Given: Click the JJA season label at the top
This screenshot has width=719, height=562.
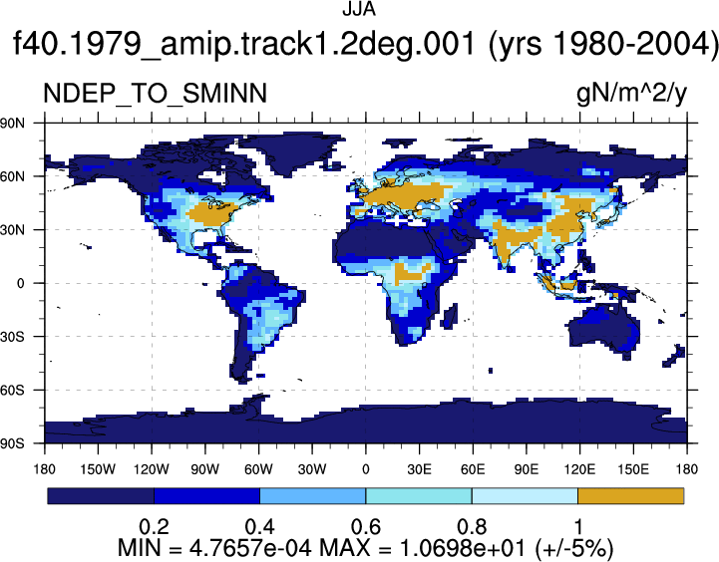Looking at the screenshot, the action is click(x=359, y=9).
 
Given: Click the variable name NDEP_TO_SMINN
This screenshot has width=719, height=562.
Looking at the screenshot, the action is click(x=155, y=94).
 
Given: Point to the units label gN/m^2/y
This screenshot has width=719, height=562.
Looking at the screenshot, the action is click(x=632, y=95).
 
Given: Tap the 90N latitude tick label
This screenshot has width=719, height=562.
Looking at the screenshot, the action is click(x=12, y=123).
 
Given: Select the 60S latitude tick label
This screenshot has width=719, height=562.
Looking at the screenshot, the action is click(x=12, y=390).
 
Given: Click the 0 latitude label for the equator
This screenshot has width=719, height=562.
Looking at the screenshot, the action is click(x=20, y=283).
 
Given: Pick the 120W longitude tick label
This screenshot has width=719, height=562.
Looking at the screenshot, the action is click(x=152, y=469).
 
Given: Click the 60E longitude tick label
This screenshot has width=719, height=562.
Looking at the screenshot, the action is click(x=473, y=469).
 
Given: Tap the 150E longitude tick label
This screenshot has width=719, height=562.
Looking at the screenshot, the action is click(x=633, y=469).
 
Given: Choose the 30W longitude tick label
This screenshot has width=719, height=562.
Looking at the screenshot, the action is click(x=312, y=469).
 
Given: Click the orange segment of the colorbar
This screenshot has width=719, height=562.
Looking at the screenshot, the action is click(x=631, y=496).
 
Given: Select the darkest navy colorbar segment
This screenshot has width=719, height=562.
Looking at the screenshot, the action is click(x=101, y=496).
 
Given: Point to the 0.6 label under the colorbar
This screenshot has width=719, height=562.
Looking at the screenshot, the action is click(x=366, y=527).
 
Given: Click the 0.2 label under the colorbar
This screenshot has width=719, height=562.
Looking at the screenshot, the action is click(x=154, y=527).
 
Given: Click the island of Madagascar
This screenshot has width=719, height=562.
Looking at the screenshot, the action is click(x=450, y=316).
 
